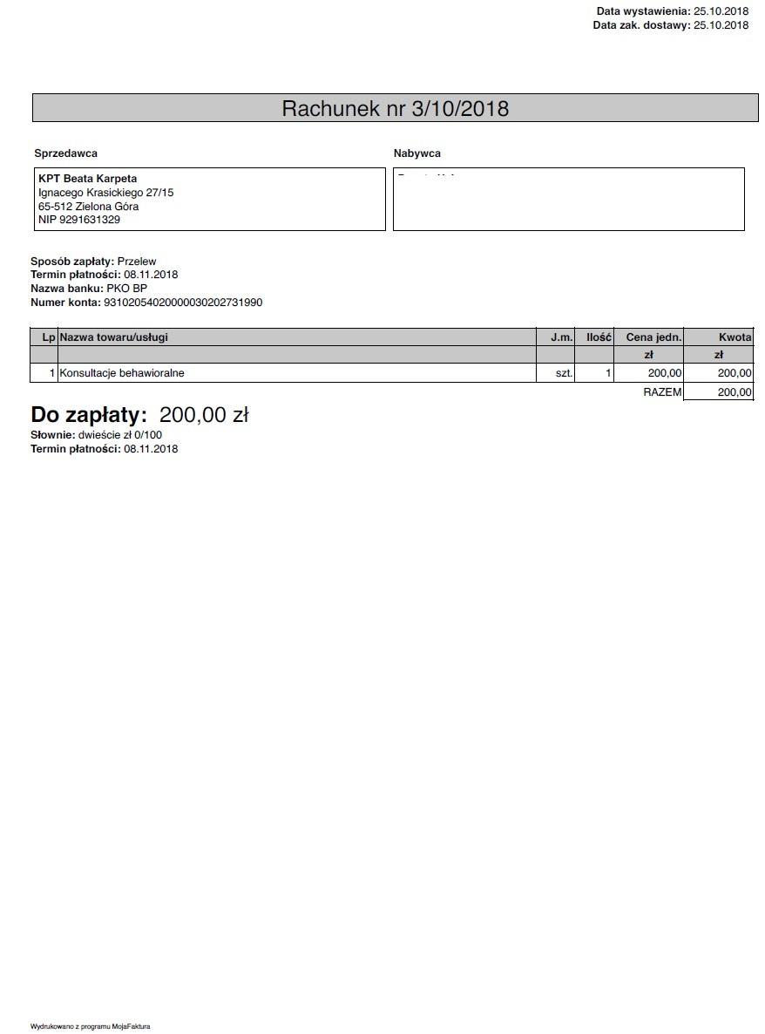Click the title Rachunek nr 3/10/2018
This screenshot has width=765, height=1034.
[395, 108]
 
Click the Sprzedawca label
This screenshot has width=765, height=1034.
[65, 153]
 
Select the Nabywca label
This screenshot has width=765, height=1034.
[416, 153]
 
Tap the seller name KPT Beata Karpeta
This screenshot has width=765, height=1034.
[87, 179]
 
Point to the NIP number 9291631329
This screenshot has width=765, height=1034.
[90, 220]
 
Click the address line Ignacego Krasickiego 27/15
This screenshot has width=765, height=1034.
[105, 193]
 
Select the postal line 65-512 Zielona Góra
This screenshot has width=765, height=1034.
[88, 207]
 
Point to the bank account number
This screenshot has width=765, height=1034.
[183, 303]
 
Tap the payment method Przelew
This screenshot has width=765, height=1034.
[137, 261]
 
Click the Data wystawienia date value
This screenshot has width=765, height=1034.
[721, 11]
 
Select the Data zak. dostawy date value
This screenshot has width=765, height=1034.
[721, 25]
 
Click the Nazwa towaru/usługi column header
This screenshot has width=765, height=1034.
[114, 337]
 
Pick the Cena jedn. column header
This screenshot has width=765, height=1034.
[653, 337]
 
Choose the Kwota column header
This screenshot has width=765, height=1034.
[735, 337]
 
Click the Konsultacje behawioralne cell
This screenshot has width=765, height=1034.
[122, 373]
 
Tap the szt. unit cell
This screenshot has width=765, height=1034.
[564, 373]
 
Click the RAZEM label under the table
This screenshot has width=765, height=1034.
[662, 392]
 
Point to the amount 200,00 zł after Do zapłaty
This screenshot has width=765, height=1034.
[204, 415]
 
